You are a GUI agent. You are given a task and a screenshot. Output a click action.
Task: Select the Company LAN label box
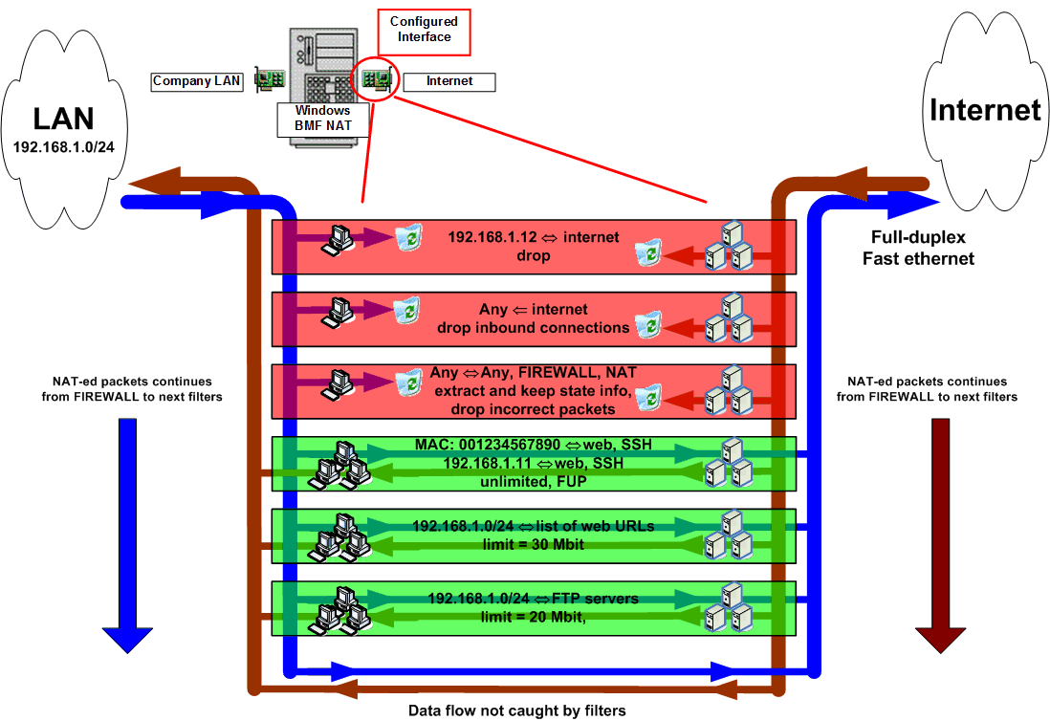pos(198,81)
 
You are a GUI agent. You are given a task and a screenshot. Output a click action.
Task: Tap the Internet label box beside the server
pos(448,81)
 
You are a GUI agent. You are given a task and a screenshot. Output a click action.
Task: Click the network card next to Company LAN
pos(270,81)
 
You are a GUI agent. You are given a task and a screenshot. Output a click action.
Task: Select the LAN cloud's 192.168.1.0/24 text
pos(64,147)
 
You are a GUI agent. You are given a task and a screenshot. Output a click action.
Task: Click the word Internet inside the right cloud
pos(985,109)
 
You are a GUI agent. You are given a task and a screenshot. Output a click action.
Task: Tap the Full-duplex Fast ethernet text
pos(918,248)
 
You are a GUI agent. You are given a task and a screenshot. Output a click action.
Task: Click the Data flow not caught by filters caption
pos(516,710)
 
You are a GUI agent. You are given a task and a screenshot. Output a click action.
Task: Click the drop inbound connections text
pos(534,327)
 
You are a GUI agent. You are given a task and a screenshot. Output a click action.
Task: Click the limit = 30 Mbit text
pos(534,544)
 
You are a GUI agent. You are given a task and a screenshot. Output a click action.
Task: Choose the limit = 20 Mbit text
pos(532,617)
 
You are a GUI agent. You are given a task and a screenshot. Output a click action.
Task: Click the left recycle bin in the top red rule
pos(409,236)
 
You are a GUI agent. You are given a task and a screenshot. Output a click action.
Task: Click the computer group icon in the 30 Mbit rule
pos(340,536)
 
